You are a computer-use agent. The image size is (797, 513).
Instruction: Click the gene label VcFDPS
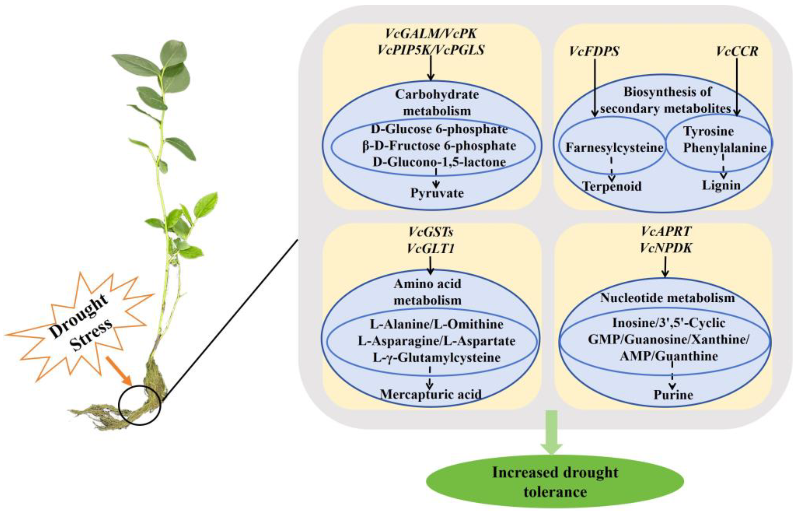(x=594, y=51)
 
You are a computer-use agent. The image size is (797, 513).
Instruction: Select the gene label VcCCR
(x=737, y=51)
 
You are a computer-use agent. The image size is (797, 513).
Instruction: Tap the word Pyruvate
(x=437, y=193)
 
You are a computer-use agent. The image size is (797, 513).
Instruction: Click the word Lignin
(x=721, y=185)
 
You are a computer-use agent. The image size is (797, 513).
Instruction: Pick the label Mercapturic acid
(x=431, y=394)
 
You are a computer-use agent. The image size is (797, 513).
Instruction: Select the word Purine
(x=673, y=395)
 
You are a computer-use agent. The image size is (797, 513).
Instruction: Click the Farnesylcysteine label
(x=614, y=148)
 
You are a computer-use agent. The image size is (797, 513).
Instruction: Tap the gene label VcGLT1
(x=430, y=248)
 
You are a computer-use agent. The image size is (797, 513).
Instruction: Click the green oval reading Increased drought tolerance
(x=555, y=482)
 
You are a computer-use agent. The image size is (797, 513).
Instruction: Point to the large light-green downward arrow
(x=551, y=433)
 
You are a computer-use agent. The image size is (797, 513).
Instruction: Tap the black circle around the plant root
(x=140, y=405)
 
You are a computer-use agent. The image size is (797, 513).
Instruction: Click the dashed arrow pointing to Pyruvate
(x=436, y=179)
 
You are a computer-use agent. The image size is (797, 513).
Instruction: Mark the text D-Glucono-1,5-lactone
(x=439, y=162)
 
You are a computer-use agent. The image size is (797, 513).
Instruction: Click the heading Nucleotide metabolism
(x=667, y=298)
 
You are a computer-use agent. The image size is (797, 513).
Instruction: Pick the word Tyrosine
(x=708, y=131)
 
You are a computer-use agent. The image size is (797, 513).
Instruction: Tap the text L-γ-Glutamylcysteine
(x=436, y=358)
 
